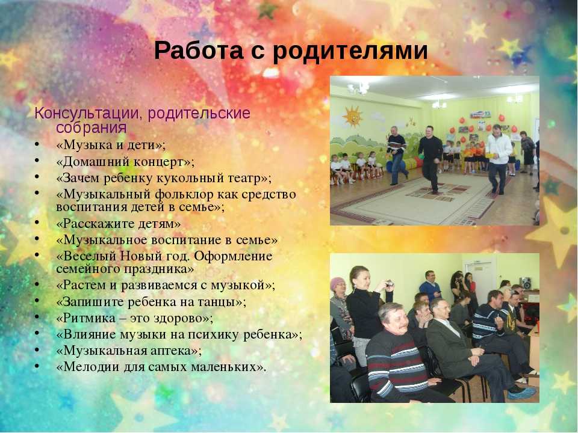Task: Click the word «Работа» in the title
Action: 199,51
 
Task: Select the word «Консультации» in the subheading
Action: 87,113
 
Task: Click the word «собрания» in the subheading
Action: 92,127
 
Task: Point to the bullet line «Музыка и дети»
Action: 111,145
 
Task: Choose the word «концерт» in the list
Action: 162,162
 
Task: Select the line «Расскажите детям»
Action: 119,224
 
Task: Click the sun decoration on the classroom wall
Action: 353,116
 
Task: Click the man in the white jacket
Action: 498,159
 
